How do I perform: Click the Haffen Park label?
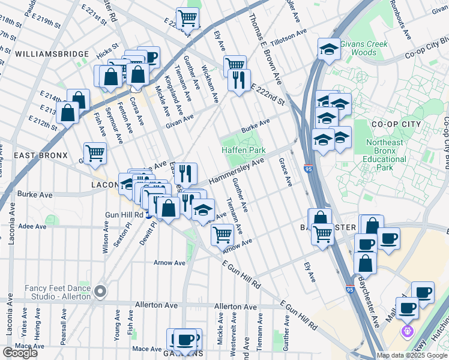click(x=243, y=149)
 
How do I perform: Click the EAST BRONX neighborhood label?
click(x=40, y=155)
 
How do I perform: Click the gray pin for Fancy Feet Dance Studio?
click(x=100, y=292)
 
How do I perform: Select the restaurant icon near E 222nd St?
click(x=239, y=80)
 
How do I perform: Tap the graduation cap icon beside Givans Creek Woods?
click(x=328, y=49)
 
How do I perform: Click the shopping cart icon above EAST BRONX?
click(x=95, y=153)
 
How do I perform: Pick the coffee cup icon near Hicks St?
click(x=149, y=57)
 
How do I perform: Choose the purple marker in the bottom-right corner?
click(x=408, y=329)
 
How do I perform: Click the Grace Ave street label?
click(x=285, y=172)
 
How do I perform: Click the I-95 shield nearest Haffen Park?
click(x=307, y=169)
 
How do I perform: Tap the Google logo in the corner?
click(x=20, y=353)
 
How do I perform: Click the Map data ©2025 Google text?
click(x=412, y=355)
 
